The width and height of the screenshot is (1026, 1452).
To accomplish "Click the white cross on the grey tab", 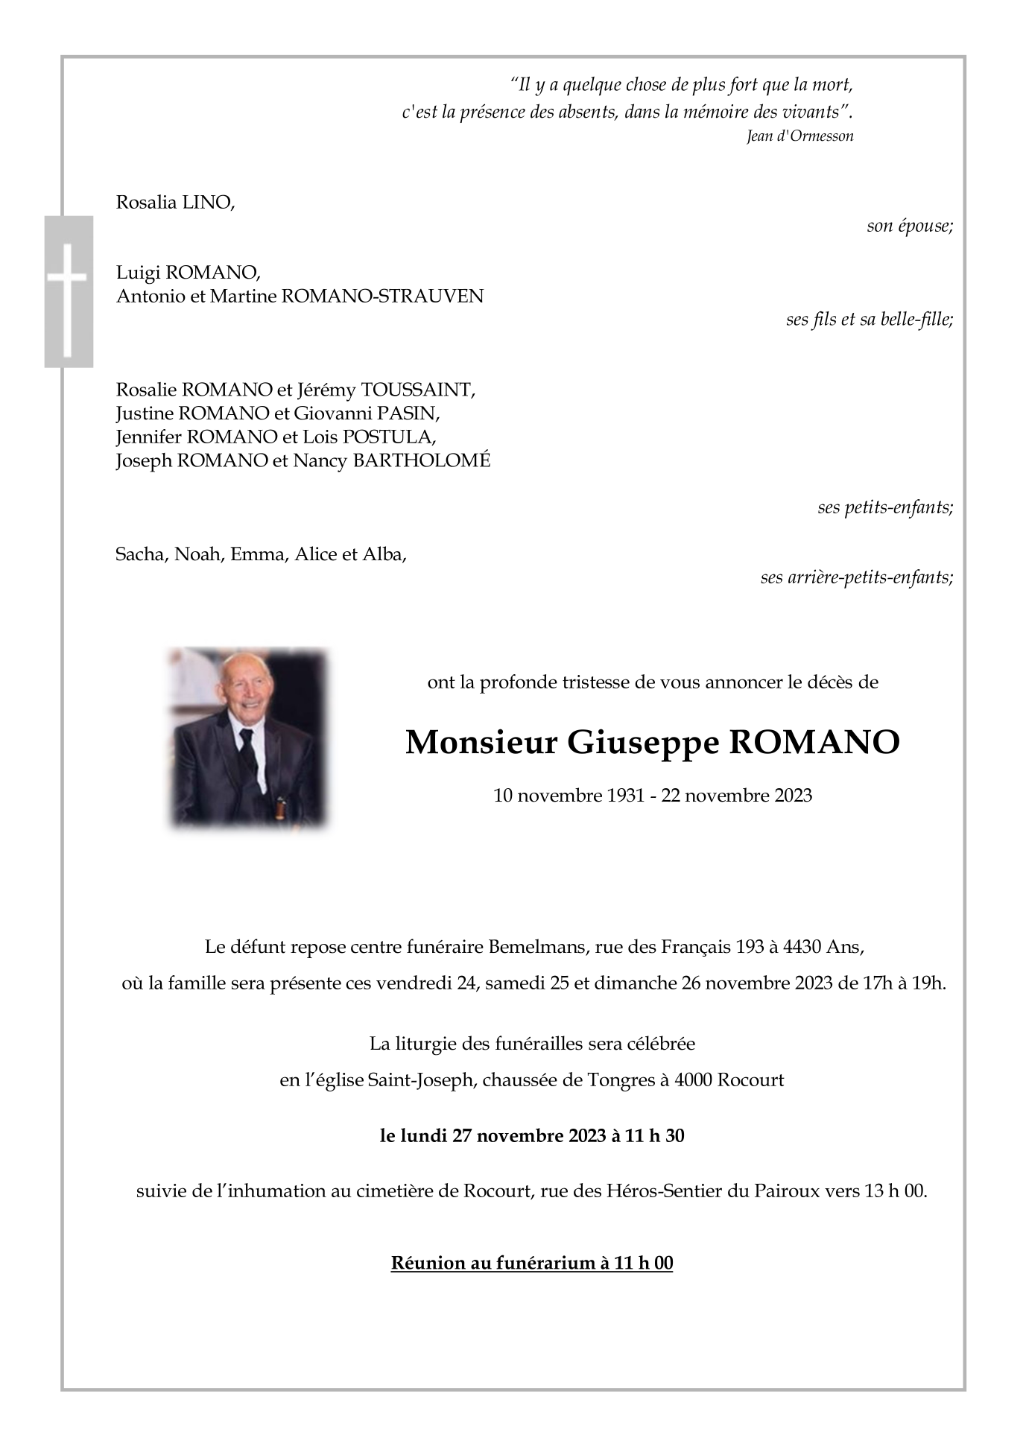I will tap(68, 291).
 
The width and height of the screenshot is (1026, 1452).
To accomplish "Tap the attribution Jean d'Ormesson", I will tap(799, 136).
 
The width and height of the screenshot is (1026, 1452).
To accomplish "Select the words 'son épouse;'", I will tap(909, 226).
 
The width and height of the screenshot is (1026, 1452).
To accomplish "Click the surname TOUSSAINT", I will tap(417, 390).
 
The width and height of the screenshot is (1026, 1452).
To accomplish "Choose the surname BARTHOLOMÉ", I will tap(421, 460).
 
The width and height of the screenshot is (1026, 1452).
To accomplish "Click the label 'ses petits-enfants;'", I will tap(884, 508).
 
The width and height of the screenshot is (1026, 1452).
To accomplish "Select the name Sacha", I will tap(140, 554).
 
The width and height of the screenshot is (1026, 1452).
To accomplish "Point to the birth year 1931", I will tap(625, 796).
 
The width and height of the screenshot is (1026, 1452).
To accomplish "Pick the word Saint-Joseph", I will tap(421, 1080).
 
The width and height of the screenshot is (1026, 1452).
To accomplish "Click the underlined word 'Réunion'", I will tap(428, 1263).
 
